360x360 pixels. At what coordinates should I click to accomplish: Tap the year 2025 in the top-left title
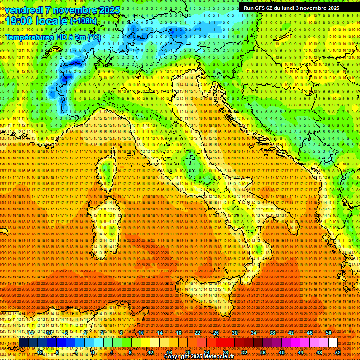click(x=108, y=9)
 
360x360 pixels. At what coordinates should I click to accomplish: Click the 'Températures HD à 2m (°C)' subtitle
click(x=53, y=37)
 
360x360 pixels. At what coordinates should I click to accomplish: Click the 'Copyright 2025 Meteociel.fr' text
click(x=202, y=357)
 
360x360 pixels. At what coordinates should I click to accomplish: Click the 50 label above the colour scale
click(x=329, y=333)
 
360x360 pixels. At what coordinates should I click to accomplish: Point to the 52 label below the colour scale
click(x=338, y=352)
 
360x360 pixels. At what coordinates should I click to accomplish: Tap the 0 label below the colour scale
click(x=92, y=352)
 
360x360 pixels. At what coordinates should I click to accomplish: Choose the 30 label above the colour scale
click(x=234, y=333)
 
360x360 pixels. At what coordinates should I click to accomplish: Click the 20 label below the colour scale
click(x=187, y=352)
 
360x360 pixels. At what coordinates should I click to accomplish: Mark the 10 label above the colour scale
click(x=141, y=333)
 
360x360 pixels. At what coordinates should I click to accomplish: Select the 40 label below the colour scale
click(x=281, y=352)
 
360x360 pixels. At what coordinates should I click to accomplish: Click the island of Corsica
click(x=106, y=172)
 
